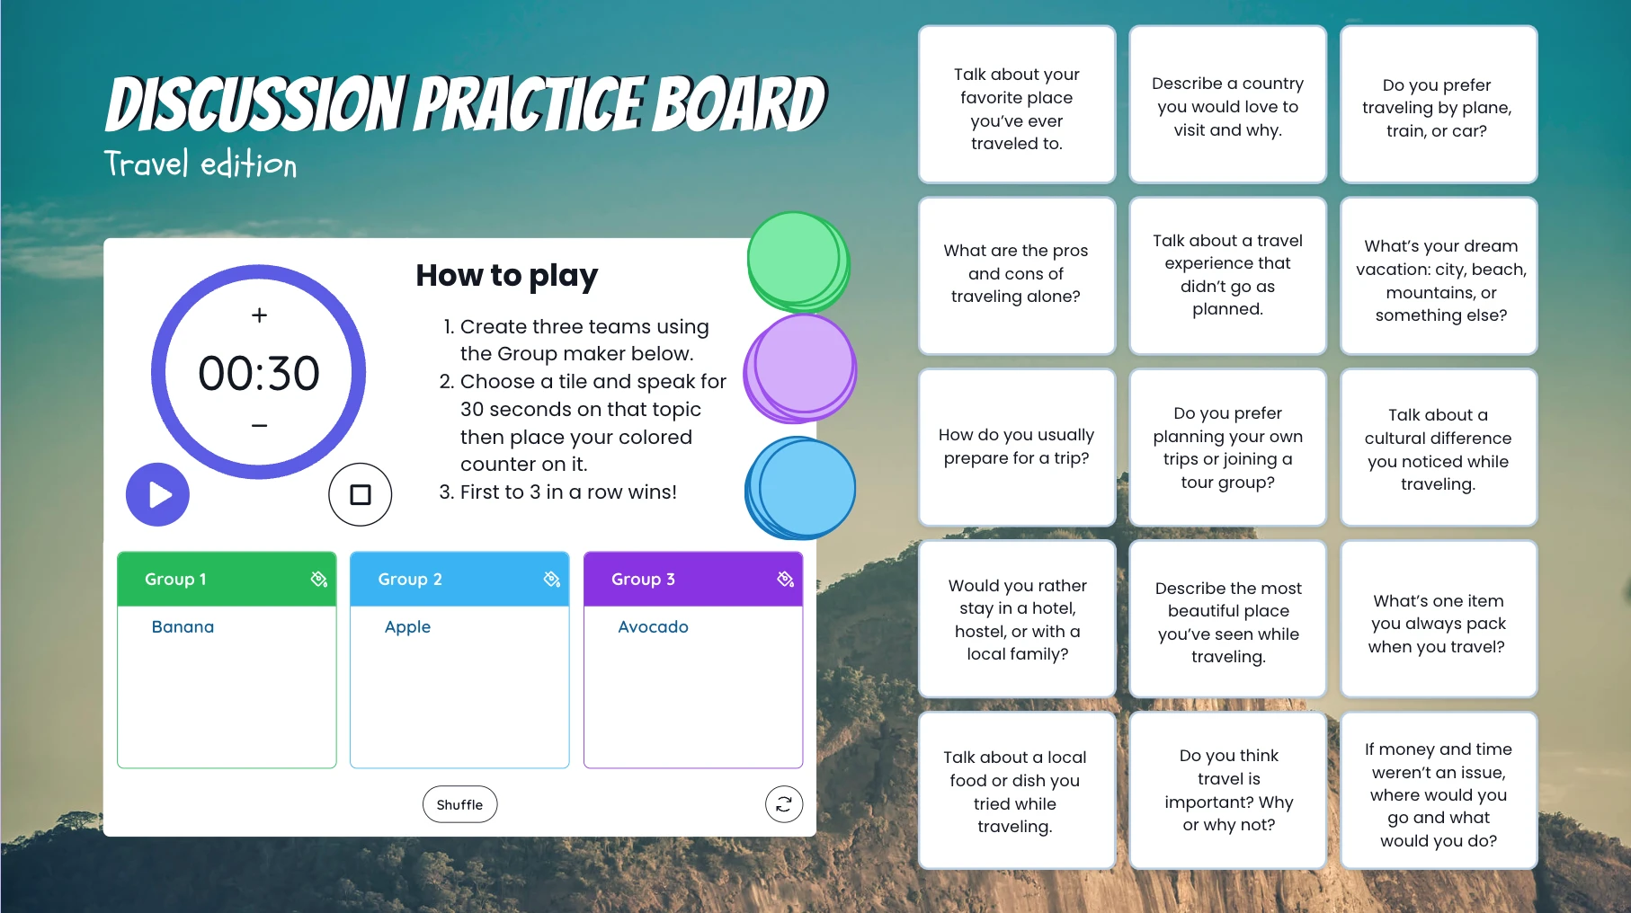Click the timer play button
(157, 494)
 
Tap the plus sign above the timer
(259, 315)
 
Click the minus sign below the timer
(259, 425)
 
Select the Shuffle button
(459, 804)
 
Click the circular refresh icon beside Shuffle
(784, 804)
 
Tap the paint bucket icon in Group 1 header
(318, 579)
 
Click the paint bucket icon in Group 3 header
(785, 579)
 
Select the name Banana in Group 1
(183, 626)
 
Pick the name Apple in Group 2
(407, 627)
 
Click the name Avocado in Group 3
(653, 626)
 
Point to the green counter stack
(798, 261)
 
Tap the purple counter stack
(800, 368)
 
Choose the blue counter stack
(800, 488)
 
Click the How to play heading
(506, 275)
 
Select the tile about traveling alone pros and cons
(1017, 275)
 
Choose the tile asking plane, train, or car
(1439, 104)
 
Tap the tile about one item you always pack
(1439, 619)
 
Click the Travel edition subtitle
(201, 164)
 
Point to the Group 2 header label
(410, 580)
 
